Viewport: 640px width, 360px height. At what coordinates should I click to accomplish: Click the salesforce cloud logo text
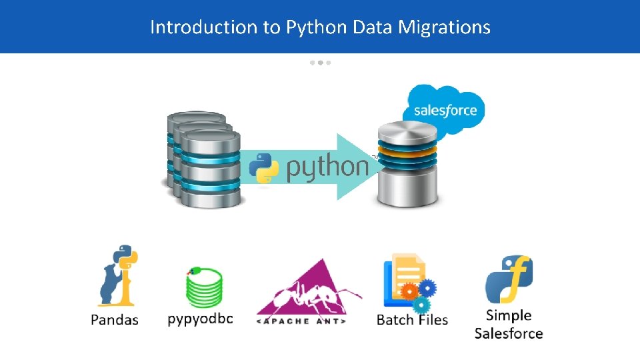tap(445, 110)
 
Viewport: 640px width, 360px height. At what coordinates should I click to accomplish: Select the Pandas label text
tap(115, 320)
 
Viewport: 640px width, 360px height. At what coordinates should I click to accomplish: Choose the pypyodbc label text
tap(201, 319)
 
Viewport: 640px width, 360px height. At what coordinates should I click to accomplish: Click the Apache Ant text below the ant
tap(301, 321)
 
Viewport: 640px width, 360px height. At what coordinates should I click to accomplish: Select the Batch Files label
tap(412, 320)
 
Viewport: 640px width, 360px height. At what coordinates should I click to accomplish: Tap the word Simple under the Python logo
tap(509, 315)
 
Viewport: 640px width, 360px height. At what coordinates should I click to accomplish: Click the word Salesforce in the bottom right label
tap(509, 333)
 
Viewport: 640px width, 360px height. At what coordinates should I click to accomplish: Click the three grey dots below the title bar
tap(320, 63)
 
